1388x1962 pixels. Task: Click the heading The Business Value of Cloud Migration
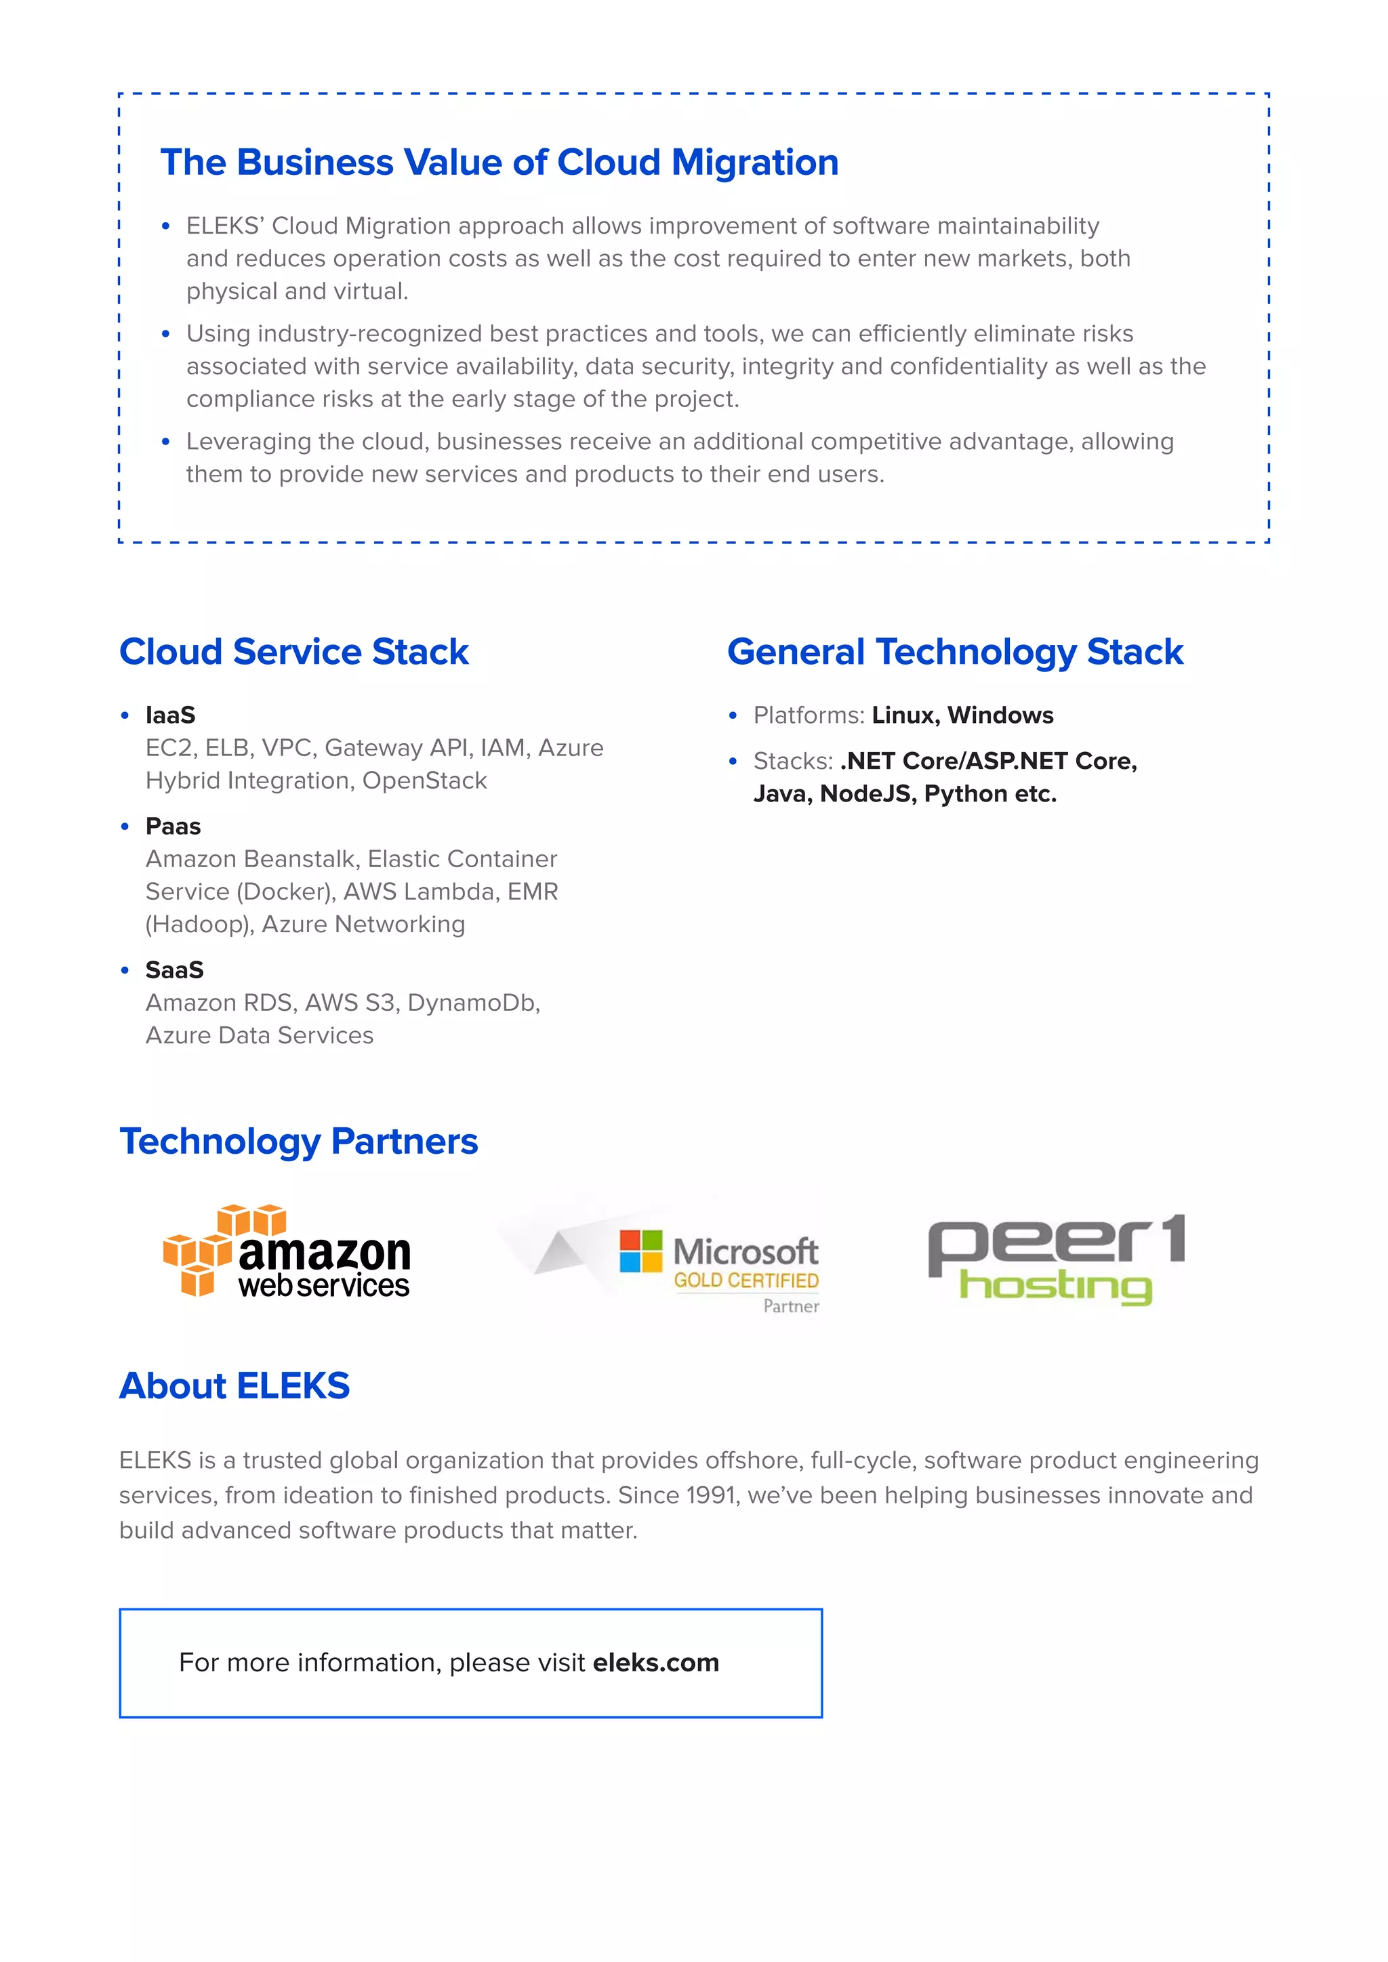pyautogui.click(x=499, y=163)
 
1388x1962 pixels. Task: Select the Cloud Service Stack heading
pyautogui.click(x=293, y=652)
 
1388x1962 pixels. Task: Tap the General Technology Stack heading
pyautogui.click(x=955, y=652)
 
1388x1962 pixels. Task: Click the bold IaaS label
pyautogui.click(x=170, y=715)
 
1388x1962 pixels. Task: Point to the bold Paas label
pyautogui.click(x=173, y=827)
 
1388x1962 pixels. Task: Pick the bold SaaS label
pyautogui.click(x=174, y=970)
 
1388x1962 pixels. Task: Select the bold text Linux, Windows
pyautogui.click(x=962, y=715)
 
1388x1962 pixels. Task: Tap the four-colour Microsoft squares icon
pyautogui.click(x=641, y=1251)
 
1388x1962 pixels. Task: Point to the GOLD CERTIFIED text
pyautogui.click(x=746, y=1280)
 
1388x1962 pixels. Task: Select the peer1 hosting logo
pyautogui.click(x=1057, y=1259)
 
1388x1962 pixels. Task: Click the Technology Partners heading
pyautogui.click(x=298, y=1142)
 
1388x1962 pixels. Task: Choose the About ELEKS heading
pyautogui.click(x=234, y=1386)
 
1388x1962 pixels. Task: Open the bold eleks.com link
pyautogui.click(x=655, y=1663)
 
